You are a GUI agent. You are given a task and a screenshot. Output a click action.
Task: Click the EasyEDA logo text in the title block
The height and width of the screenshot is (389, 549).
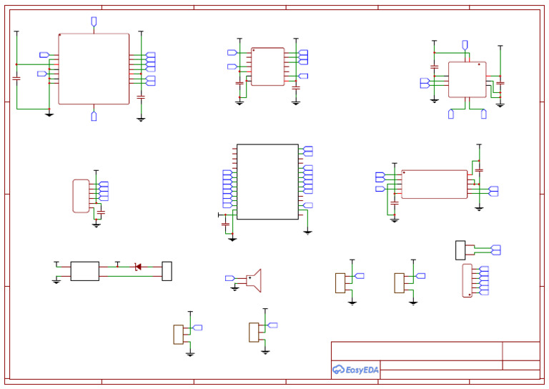tap(362, 370)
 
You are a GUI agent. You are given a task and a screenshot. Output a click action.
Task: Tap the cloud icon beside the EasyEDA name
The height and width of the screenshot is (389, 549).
tap(338, 370)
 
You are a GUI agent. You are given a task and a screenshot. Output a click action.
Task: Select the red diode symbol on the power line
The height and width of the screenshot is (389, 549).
tap(138, 267)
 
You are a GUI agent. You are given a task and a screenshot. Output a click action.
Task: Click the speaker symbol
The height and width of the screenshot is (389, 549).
tap(254, 280)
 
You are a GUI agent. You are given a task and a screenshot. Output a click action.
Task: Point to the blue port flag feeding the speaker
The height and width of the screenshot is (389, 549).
tap(230, 278)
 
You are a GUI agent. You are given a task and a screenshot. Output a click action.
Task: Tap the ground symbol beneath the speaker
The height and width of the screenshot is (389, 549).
tap(235, 289)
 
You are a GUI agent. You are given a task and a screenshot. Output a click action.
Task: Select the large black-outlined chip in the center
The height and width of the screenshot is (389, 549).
tap(267, 182)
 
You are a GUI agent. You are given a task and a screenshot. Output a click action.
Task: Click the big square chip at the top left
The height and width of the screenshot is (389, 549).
tap(94, 69)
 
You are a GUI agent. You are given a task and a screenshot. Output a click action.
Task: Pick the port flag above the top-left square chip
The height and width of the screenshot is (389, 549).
tap(94, 21)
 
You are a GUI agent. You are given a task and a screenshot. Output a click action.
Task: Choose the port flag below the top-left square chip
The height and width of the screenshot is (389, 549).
tap(94, 116)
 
